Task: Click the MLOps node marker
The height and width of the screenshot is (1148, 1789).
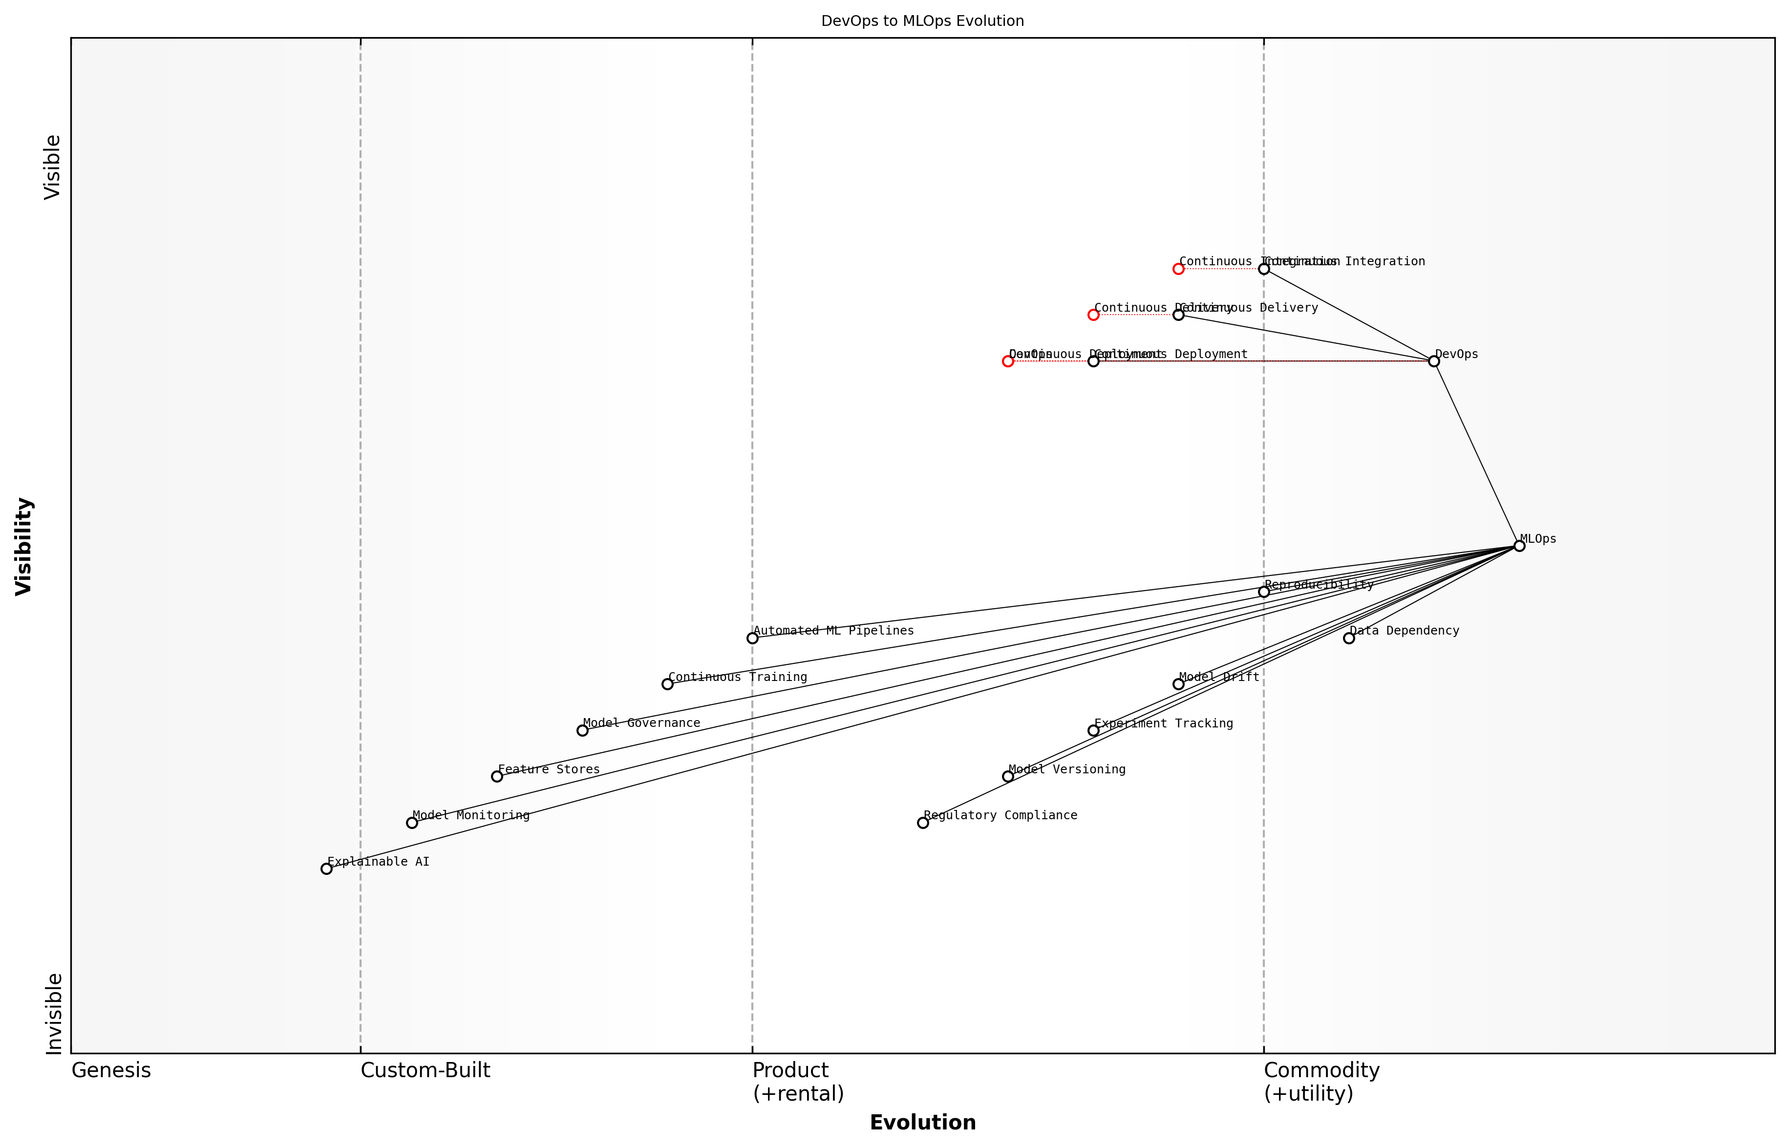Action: [x=1518, y=546]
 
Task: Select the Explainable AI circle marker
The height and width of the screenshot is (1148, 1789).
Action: [x=326, y=869]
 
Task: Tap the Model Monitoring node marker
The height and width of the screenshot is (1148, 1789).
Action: [x=411, y=822]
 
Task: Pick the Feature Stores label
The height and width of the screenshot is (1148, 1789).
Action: [x=549, y=769]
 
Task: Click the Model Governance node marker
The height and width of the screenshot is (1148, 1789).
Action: [x=582, y=730]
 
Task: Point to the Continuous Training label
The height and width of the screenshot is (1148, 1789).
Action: [x=737, y=677]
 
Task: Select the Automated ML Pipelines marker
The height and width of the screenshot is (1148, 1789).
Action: [x=752, y=638]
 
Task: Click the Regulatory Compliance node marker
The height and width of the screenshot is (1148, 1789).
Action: [x=923, y=822]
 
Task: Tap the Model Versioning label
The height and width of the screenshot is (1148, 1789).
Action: [x=1066, y=769]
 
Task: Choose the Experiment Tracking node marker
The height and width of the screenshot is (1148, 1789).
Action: [x=1093, y=730]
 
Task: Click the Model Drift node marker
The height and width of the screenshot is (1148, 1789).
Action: [x=1178, y=683]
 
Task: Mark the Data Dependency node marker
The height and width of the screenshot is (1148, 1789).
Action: [x=1348, y=638]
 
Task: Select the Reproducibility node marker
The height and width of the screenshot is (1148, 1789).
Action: [x=1263, y=591]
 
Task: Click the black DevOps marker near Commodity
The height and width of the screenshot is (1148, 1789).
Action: [x=1433, y=361]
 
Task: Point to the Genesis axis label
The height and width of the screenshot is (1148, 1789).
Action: [x=111, y=1070]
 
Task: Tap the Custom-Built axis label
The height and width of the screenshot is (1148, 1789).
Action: [x=425, y=1070]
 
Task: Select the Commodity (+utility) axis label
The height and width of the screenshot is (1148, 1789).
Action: [x=1321, y=1082]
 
